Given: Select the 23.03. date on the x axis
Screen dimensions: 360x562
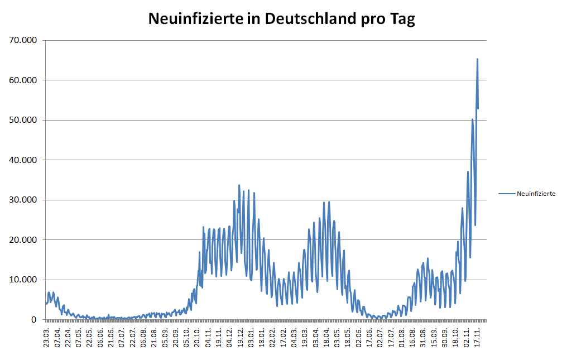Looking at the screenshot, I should pos(47,338).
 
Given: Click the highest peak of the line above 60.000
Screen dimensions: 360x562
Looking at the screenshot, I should pos(477,59).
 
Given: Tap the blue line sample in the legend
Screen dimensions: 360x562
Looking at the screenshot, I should pos(507,194).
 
